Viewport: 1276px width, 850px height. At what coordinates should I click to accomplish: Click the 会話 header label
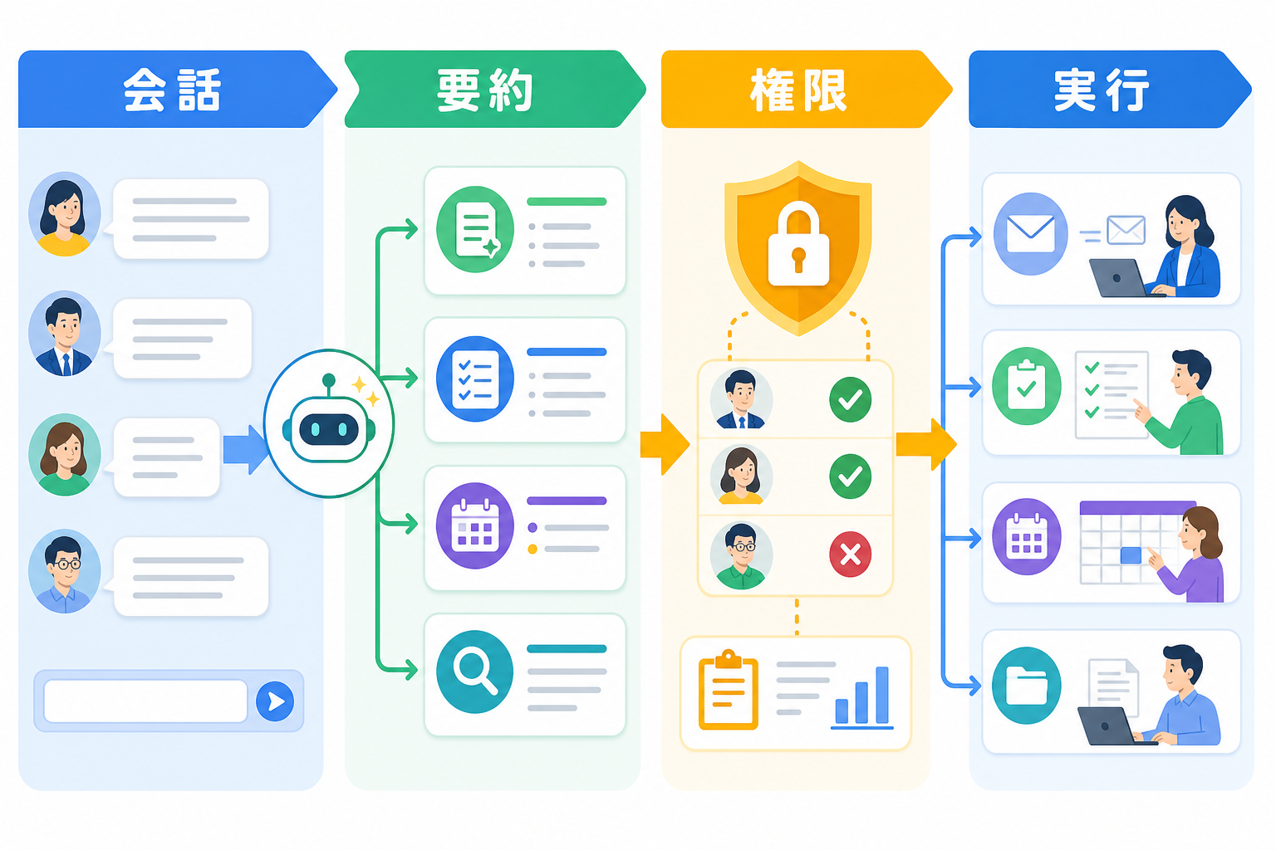click(171, 90)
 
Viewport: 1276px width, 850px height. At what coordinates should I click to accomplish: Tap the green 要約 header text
click(485, 90)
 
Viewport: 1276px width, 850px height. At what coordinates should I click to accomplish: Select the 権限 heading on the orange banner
click(798, 90)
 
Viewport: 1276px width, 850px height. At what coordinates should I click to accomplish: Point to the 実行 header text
click(1101, 90)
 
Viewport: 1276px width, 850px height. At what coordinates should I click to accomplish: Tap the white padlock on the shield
click(798, 243)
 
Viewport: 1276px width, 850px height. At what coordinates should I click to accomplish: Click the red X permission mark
click(850, 554)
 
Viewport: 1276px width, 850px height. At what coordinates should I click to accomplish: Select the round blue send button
click(275, 701)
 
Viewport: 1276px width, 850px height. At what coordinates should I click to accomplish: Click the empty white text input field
click(145, 701)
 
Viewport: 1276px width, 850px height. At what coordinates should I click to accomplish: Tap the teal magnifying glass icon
click(474, 672)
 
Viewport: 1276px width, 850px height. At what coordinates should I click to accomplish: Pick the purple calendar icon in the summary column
click(474, 525)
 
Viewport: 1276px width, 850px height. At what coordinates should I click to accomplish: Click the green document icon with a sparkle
click(474, 229)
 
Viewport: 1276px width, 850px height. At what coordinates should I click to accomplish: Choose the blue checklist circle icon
click(474, 379)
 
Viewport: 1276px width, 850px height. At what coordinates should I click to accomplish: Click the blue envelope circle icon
click(1030, 234)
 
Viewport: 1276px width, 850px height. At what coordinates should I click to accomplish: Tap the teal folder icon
click(1027, 685)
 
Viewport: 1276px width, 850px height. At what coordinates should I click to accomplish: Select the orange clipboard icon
click(728, 690)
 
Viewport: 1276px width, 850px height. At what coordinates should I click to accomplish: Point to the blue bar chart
click(861, 698)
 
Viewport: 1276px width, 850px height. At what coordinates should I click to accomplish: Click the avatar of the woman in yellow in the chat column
click(64, 214)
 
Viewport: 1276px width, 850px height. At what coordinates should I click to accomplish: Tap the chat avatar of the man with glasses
click(64, 571)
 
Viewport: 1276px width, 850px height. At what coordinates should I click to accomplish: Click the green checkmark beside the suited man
click(850, 399)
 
